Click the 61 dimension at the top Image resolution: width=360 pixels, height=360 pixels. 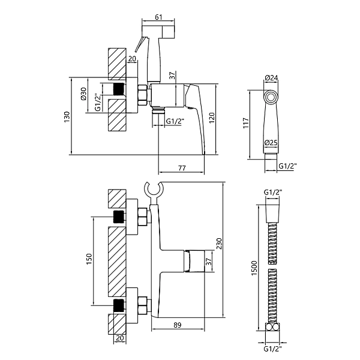[x=158, y=17]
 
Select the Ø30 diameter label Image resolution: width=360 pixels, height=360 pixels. [x=83, y=94]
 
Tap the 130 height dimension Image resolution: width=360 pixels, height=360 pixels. [x=67, y=117]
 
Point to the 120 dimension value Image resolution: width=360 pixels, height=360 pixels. [x=212, y=118]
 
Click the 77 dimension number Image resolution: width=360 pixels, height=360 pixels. [x=182, y=168]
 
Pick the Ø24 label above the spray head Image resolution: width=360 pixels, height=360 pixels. [x=271, y=78]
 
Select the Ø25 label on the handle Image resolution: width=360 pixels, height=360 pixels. [x=271, y=143]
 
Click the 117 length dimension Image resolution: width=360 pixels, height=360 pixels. [x=246, y=123]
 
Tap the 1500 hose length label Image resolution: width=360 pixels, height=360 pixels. [x=254, y=268]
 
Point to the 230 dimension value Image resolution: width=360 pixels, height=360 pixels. [x=220, y=244]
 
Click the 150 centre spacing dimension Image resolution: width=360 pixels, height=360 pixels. [x=89, y=259]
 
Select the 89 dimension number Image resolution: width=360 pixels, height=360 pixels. [x=178, y=325]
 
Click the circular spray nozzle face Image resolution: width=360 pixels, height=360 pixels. [x=271, y=97]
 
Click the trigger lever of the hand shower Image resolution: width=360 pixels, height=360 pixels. [x=140, y=44]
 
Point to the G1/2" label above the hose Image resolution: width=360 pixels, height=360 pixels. [x=273, y=192]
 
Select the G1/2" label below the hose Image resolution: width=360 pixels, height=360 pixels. [x=273, y=349]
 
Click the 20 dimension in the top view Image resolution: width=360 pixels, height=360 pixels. [x=132, y=59]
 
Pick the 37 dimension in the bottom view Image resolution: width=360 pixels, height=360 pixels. [x=208, y=262]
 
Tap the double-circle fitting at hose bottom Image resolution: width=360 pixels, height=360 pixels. [x=273, y=327]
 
